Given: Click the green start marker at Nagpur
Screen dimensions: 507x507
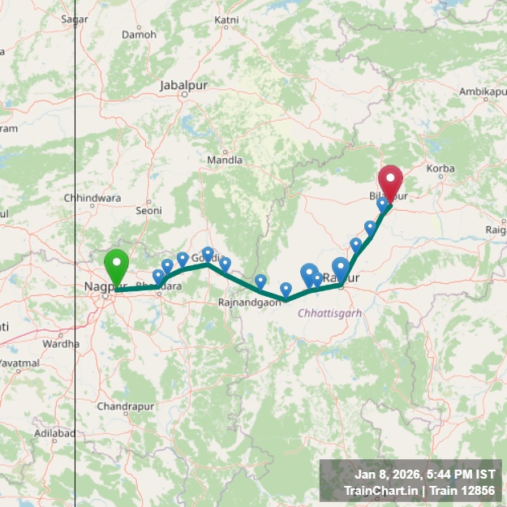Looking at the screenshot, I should click(117, 266).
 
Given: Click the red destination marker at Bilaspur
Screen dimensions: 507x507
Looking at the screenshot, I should click(391, 180).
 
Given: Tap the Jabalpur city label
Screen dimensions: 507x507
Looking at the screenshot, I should click(185, 84).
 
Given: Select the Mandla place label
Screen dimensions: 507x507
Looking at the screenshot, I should click(225, 160).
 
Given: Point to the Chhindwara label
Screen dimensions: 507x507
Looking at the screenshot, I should click(92, 198).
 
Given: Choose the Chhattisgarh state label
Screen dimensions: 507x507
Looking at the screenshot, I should click(329, 312).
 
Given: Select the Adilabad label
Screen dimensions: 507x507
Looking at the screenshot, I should click(55, 434).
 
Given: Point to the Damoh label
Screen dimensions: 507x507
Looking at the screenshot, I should click(139, 35).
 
